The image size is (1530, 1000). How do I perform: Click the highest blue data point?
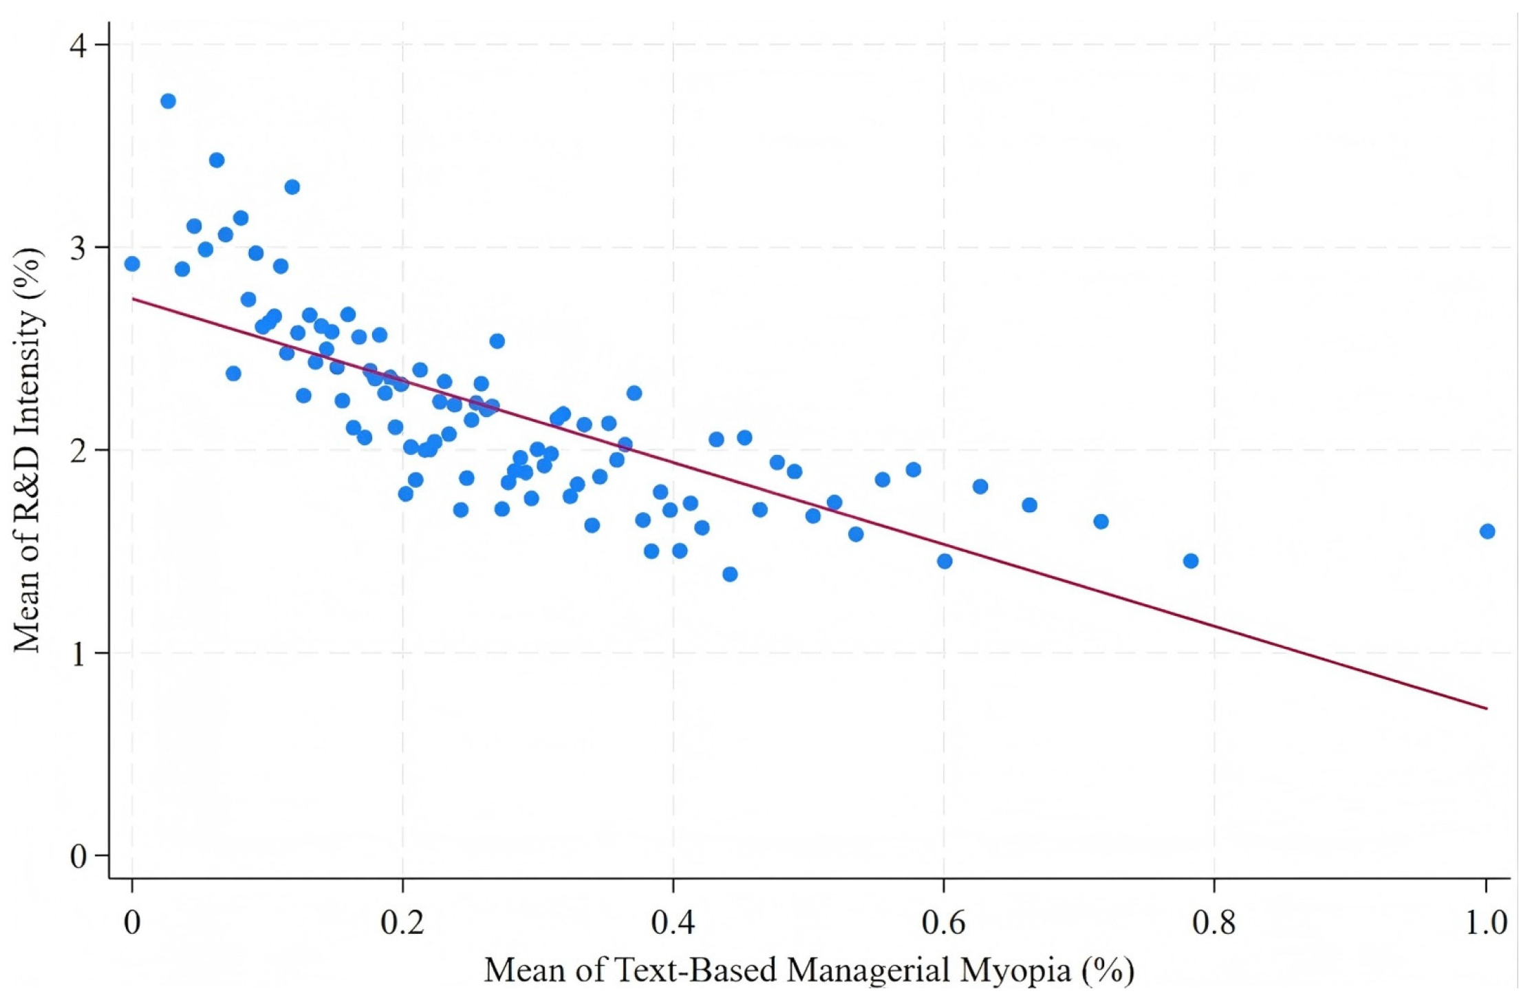point(168,101)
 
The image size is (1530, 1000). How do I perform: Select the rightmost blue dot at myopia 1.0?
point(1487,531)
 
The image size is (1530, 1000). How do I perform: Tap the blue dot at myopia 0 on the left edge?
point(132,264)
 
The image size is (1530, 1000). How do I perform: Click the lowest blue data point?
point(730,574)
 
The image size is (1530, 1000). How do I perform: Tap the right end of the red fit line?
point(1487,708)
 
